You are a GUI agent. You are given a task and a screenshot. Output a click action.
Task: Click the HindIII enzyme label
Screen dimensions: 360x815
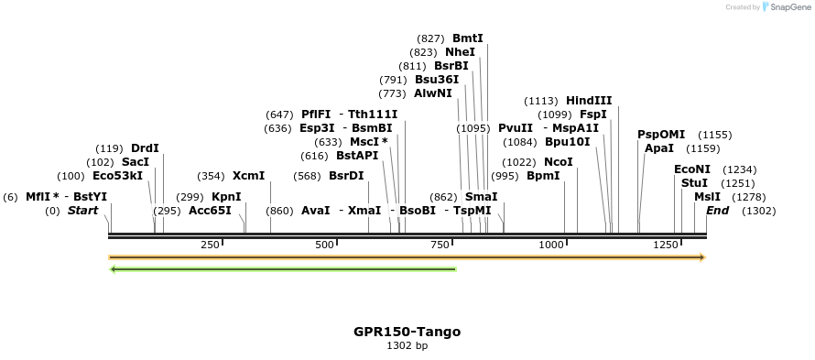[589, 100]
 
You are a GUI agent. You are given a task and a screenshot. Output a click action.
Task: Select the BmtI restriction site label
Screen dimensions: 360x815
[467, 38]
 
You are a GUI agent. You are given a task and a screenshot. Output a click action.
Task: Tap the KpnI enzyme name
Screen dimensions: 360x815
[226, 196]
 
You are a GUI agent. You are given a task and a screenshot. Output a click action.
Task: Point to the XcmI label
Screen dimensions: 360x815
[248, 176]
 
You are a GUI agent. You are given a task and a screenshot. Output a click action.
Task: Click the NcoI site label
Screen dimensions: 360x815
[558, 162]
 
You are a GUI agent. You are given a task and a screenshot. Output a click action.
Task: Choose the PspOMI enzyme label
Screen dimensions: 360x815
[661, 135]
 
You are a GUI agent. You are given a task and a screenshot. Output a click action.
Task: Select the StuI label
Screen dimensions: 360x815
[694, 182]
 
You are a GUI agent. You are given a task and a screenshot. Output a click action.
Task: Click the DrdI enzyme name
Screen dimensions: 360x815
[145, 148]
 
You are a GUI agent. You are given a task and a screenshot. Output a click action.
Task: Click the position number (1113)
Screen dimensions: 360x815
[540, 101]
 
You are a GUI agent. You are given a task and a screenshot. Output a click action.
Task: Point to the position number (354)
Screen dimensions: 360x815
[211, 176]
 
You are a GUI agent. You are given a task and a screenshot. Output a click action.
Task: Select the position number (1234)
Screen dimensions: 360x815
[740, 169]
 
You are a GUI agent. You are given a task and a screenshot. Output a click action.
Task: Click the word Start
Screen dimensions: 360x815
[82, 211]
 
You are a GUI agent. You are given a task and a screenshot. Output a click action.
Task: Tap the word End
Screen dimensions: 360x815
[718, 211]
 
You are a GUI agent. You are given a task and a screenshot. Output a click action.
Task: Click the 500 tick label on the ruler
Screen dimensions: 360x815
[324, 245]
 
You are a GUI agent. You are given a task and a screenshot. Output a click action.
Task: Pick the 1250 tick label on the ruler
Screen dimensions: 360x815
[666, 245]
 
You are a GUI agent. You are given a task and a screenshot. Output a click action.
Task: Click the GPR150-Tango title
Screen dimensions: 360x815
[407, 332]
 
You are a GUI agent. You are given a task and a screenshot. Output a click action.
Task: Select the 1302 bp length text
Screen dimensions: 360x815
[407, 346]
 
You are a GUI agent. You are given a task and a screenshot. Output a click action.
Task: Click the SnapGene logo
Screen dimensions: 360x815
[784, 7]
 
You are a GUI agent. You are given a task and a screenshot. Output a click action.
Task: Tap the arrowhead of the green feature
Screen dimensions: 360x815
[114, 269]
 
